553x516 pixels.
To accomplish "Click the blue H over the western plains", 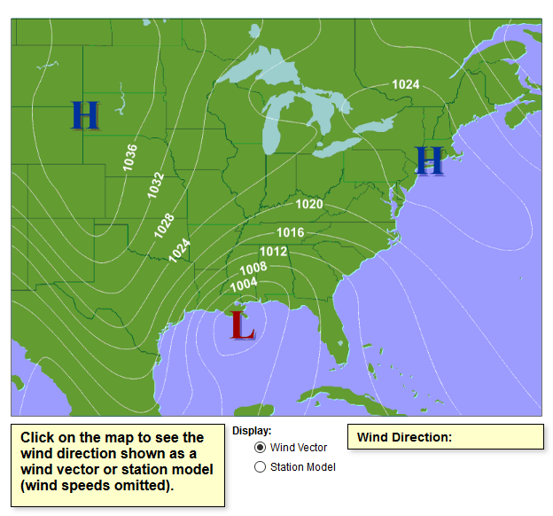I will [x=85, y=115].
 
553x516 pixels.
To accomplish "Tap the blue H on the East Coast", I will [x=429, y=160].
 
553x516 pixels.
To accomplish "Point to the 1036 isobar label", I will [x=129, y=157].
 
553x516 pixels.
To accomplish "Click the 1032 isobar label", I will [x=155, y=185].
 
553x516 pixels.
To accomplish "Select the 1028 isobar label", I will [x=164, y=225].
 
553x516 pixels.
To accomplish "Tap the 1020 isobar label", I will [x=309, y=204].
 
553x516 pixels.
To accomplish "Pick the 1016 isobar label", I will [x=291, y=232].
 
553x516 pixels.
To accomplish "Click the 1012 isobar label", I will [x=273, y=251].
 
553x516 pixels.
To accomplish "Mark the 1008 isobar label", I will [x=253, y=268].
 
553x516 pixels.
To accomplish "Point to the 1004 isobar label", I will [x=243, y=283].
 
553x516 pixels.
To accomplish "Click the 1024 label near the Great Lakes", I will [x=406, y=84].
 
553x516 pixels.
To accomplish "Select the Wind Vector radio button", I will [x=261, y=448].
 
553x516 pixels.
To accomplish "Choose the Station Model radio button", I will [x=261, y=467].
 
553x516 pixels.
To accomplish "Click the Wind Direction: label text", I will [x=404, y=437].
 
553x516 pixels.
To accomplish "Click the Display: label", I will [x=252, y=430].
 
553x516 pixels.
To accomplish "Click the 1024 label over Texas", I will [x=180, y=250].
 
